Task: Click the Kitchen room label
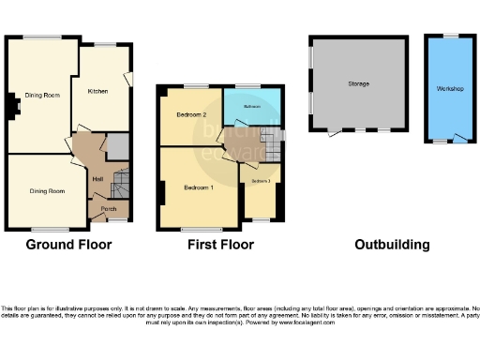[100, 91]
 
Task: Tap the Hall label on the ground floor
[97, 178]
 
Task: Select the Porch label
[109, 208]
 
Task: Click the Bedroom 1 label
[199, 187]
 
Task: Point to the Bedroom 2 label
[191, 115]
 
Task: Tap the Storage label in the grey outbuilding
[358, 83]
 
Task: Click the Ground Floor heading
[68, 245]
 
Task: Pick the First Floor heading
[219, 245]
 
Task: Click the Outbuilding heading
[392, 245]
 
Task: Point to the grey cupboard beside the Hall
[117, 146]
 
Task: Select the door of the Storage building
[335, 131]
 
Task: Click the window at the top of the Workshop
[450, 36]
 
